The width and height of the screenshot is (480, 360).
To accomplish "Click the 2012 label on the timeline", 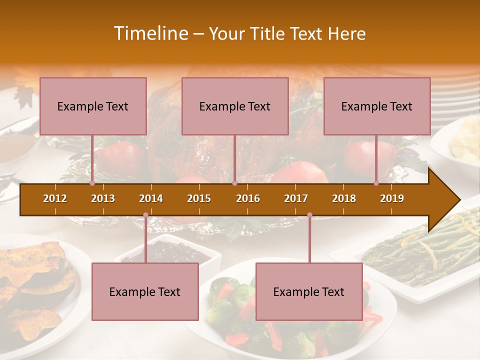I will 55,198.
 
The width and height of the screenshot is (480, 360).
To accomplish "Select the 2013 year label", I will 103,198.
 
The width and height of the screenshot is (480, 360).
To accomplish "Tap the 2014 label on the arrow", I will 151,198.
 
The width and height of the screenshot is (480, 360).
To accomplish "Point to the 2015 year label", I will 199,198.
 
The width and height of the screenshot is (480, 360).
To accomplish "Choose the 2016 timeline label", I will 248,198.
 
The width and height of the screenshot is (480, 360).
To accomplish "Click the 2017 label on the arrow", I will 296,198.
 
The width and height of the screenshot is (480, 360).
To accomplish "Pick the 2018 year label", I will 344,198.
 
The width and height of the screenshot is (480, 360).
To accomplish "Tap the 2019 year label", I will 392,198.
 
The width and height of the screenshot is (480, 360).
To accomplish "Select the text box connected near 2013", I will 93,106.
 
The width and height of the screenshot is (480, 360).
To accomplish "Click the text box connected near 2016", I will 235,106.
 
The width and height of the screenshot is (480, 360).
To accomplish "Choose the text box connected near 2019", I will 377,106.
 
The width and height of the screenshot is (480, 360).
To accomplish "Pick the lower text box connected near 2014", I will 145,291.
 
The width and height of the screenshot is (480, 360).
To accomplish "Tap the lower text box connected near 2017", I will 309,291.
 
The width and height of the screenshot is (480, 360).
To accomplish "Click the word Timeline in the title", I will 150,33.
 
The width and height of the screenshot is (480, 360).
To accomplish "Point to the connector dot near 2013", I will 92,183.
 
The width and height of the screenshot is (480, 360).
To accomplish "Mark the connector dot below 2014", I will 145,215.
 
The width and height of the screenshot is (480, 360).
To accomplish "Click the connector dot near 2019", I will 376,183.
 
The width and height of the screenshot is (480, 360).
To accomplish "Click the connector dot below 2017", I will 309,215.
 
